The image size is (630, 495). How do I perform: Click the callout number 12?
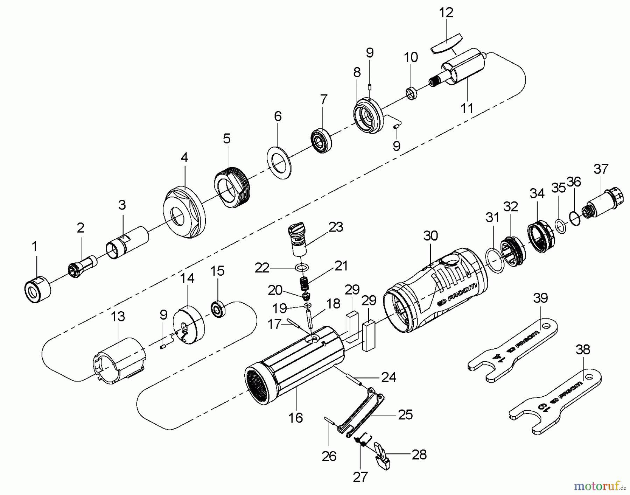click(446, 13)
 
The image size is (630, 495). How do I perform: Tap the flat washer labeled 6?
click(279, 163)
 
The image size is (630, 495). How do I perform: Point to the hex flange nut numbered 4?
click(184, 213)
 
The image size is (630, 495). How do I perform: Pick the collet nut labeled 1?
click(37, 289)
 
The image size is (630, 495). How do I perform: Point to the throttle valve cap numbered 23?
click(297, 241)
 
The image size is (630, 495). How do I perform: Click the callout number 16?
click(296, 417)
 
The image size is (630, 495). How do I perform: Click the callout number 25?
click(405, 415)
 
